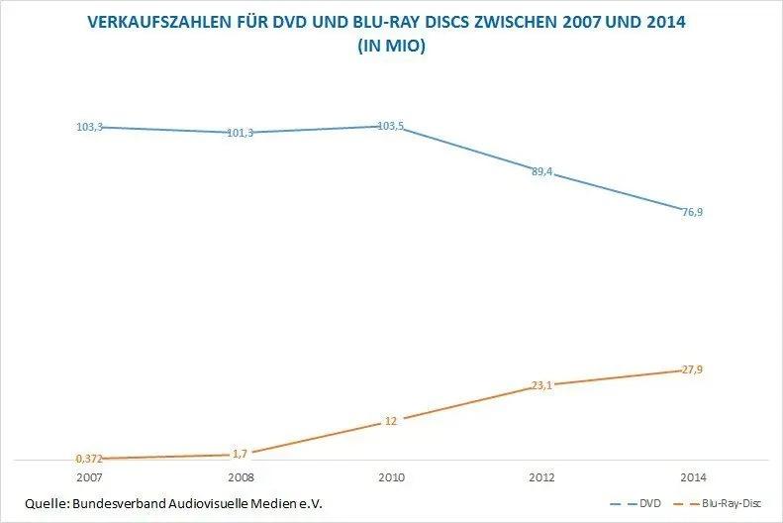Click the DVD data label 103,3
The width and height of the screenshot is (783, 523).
(89, 127)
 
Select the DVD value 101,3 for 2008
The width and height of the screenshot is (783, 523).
(241, 133)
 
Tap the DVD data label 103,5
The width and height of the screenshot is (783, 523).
(391, 127)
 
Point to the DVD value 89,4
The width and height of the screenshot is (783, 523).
(542, 172)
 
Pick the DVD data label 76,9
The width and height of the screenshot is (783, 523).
(694, 212)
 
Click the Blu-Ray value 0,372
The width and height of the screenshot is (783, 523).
(89, 459)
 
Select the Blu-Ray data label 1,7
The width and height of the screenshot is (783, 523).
(241, 454)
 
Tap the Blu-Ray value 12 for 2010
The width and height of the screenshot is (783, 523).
(391, 421)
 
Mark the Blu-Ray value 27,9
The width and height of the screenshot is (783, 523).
(694, 369)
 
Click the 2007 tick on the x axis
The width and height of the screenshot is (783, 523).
(89, 476)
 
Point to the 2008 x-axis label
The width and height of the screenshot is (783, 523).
(241, 476)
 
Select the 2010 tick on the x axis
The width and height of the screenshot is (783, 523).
(391, 476)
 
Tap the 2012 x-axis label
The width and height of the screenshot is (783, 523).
(542, 476)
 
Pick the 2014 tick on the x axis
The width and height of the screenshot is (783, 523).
(694, 476)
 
